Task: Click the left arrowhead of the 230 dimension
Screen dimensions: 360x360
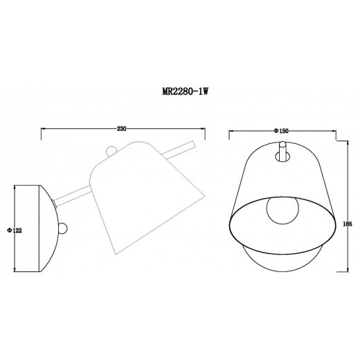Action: (44, 129)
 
